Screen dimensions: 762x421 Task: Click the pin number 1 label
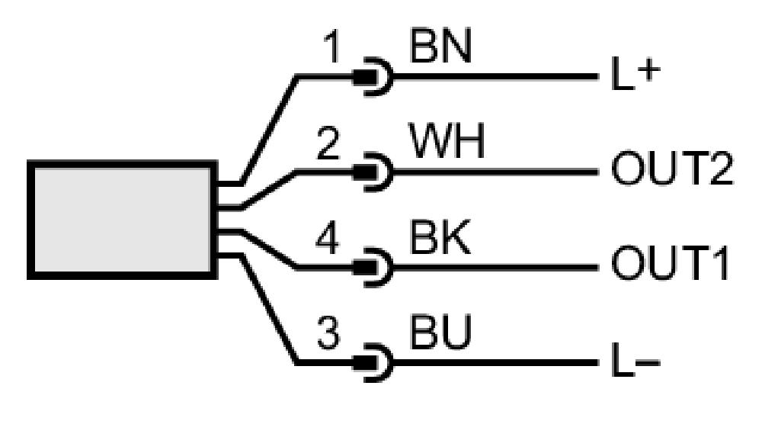click(332, 47)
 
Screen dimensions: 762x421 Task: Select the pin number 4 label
click(328, 238)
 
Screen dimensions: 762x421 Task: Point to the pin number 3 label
click(328, 333)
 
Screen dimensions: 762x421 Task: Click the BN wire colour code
click(440, 47)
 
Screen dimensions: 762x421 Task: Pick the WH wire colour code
click(447, 142)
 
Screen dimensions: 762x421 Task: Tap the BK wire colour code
click(440, 237)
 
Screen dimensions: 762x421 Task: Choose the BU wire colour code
click(440, 333)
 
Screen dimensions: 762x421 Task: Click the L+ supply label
click(636, 76)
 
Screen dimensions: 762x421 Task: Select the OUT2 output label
click(671, 169)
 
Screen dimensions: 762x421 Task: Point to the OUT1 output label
click(670, 265)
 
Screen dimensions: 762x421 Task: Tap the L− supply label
click(636, 361)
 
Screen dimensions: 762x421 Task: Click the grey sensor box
click(122, 220)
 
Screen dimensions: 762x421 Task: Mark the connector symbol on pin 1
click(373, 77)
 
